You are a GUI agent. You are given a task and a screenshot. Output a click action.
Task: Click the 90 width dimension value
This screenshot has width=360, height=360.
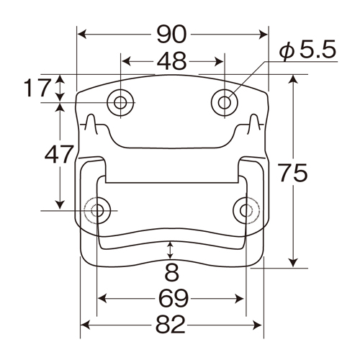171,35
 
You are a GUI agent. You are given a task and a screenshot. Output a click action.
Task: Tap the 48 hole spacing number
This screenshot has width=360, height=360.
171,61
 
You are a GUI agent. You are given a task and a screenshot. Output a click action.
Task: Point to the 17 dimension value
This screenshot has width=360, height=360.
38,88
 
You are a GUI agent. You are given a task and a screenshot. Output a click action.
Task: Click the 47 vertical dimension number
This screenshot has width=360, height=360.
59,154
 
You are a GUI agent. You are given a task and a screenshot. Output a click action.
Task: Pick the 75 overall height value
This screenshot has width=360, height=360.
292,172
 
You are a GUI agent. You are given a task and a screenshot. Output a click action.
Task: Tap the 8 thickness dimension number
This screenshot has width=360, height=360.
171,272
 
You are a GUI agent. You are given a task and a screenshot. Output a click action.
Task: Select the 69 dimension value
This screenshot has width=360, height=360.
174,299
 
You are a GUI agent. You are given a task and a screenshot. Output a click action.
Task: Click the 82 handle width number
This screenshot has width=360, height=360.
171,325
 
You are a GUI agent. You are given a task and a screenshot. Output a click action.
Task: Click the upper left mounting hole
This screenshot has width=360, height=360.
120,103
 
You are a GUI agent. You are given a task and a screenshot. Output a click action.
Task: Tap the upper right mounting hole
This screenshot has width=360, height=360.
225,103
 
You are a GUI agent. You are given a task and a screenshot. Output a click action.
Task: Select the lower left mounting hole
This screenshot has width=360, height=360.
97,210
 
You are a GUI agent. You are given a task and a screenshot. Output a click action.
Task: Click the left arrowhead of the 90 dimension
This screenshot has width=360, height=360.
82,35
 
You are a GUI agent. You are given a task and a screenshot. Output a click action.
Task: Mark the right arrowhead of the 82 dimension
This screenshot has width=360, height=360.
257,325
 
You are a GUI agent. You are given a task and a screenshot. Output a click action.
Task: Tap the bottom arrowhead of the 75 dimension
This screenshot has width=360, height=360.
293,263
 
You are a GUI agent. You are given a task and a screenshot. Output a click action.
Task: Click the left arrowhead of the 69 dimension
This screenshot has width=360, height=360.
102,299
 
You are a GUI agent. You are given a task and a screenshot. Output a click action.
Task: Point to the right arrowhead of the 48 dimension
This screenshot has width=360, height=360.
219,61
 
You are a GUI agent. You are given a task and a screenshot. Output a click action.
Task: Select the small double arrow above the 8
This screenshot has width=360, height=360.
170,251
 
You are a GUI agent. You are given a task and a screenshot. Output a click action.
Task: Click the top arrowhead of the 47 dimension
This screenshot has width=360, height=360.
60,108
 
